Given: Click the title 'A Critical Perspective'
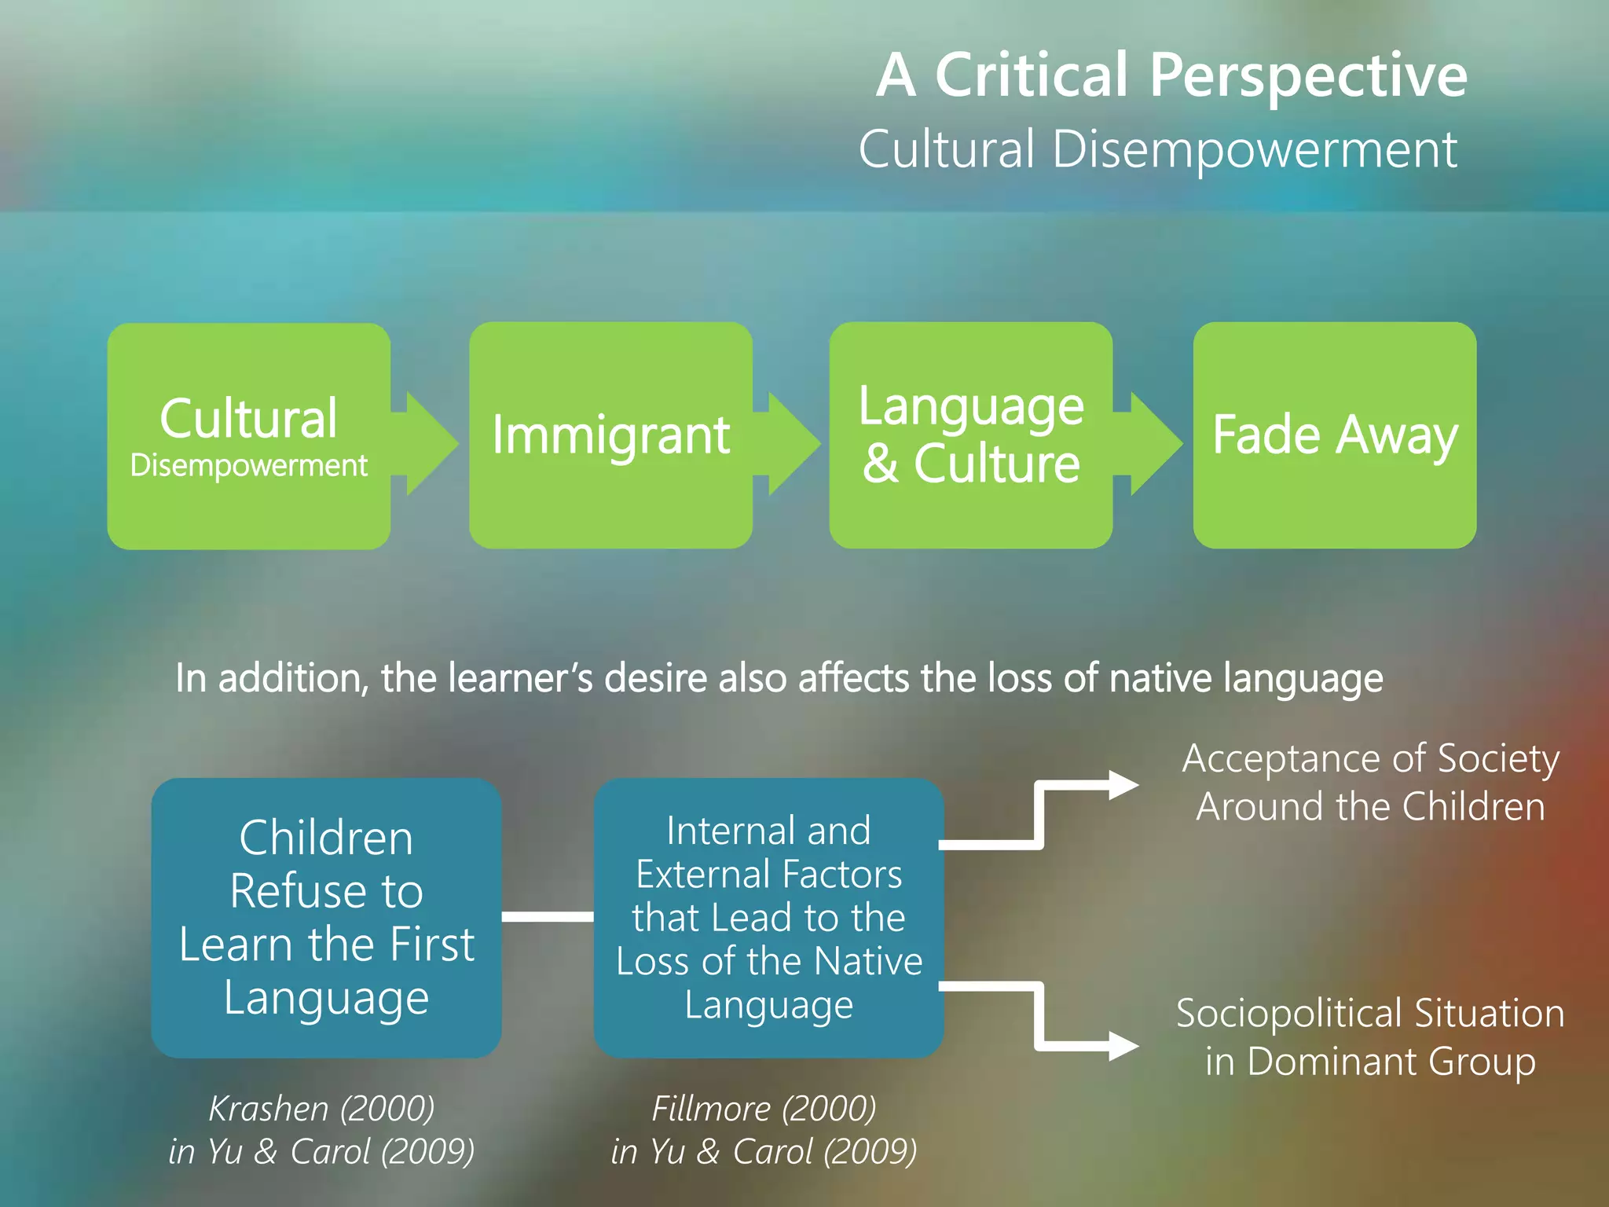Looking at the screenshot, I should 1171,75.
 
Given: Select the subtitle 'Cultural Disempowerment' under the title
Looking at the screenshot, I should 1157,149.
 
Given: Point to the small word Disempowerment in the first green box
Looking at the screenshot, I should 248,466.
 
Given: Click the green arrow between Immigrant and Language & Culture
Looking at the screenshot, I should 790,444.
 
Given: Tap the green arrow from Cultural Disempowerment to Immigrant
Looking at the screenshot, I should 427,444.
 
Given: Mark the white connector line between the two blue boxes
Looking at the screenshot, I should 548,916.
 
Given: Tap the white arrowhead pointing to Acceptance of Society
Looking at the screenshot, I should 1123,784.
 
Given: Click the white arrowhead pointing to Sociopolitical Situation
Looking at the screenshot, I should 1123,1046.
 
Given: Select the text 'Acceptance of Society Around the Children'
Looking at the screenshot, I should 1370,783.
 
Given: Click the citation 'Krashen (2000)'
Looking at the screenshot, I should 321,1109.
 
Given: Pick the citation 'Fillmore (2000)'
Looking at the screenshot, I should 764,1109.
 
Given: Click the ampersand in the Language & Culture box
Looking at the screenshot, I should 880,464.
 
